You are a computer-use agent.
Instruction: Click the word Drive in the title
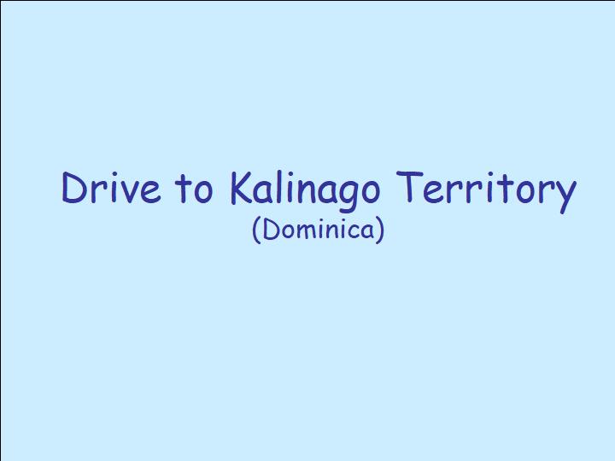point(111,188)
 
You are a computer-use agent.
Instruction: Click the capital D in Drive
point(74,188)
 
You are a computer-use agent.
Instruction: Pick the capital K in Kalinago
point(243,188)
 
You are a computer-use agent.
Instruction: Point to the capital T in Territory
point(409,187)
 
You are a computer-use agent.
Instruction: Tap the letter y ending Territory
point(565,197)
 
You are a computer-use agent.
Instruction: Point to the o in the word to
point(203,193)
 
